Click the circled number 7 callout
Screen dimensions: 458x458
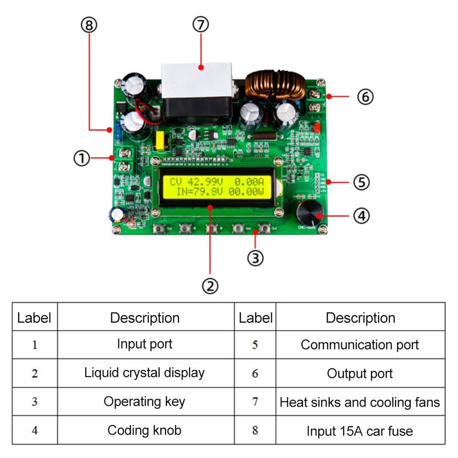click(201, 25)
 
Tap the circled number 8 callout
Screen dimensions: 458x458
click(89, 25)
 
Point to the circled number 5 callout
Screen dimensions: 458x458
click(361, 182)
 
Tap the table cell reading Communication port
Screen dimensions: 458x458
click(360, 345)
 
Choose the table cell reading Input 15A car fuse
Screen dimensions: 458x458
click(360, 431)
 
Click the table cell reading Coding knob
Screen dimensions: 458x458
click(145, 431)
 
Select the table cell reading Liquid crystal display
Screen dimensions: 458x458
click(145, 373)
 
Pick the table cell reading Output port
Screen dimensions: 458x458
click(360, 374)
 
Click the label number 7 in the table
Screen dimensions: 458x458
click(255, 402)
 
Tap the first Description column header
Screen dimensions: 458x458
click(145, 317)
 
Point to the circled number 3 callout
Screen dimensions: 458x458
click(255, 258)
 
